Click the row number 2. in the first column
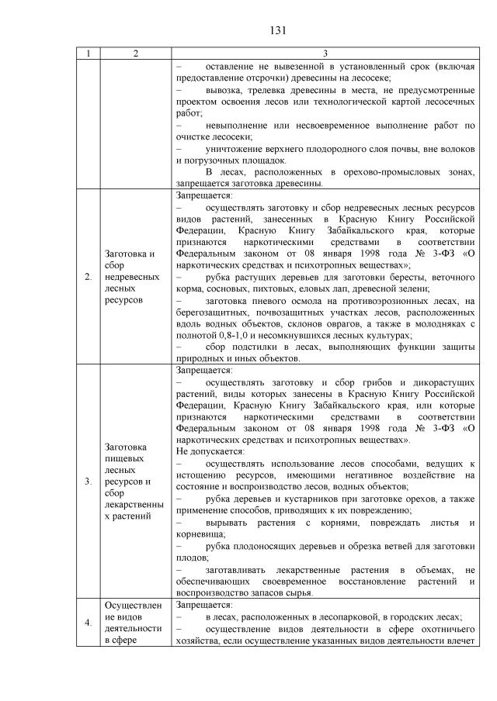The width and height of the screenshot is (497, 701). click(88, 276)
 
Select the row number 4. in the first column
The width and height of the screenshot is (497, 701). click(88, 623)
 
